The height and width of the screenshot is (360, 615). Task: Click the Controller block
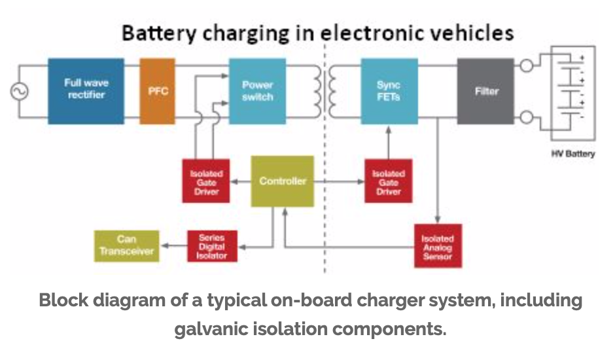click(x=282, y=181)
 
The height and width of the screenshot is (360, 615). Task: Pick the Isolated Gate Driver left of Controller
click(x=206, y=181)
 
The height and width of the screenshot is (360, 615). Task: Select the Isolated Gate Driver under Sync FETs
click(x=389, y=181)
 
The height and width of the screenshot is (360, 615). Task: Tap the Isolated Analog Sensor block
click(x=438, y=246)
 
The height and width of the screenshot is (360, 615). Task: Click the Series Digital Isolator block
click(x=212, y=246)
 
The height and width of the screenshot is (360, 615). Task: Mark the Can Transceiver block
click(x=126, y=245)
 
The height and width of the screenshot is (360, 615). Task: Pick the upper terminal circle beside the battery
click(x=525, y=65)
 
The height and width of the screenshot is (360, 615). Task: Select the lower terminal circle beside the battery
click(x=525, y=117)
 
